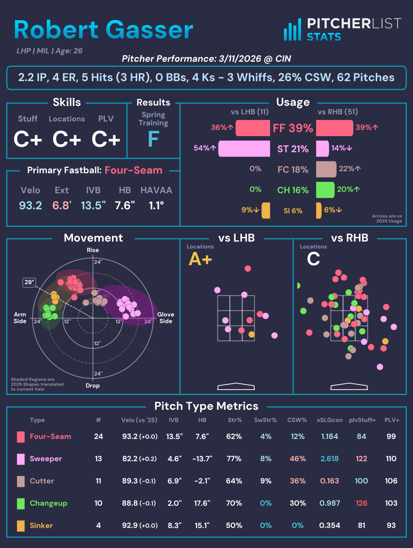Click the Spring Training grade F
coord(153,139)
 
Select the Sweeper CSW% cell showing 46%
coord(298,459)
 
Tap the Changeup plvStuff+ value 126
coord(361,503)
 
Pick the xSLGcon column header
coord(330,420)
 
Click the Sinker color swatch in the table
coord(21,526)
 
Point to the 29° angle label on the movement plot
coord(29,282)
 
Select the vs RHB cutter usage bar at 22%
coord(326,169)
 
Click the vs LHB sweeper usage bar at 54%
coord(244,149)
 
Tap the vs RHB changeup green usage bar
coord(325,190)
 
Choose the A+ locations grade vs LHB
coord(200,259)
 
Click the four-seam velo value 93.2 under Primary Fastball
coord(30,206)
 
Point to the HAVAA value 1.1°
coord(156,206)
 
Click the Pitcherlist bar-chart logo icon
coord(292,30)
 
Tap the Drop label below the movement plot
coord(93,386)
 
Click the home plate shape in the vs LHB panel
coord(236,386)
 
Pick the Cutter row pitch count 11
coord(98,481)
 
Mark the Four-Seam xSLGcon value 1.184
coord(330,436)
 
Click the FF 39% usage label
coord(293,128)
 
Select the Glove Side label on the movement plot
coord(166,318)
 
